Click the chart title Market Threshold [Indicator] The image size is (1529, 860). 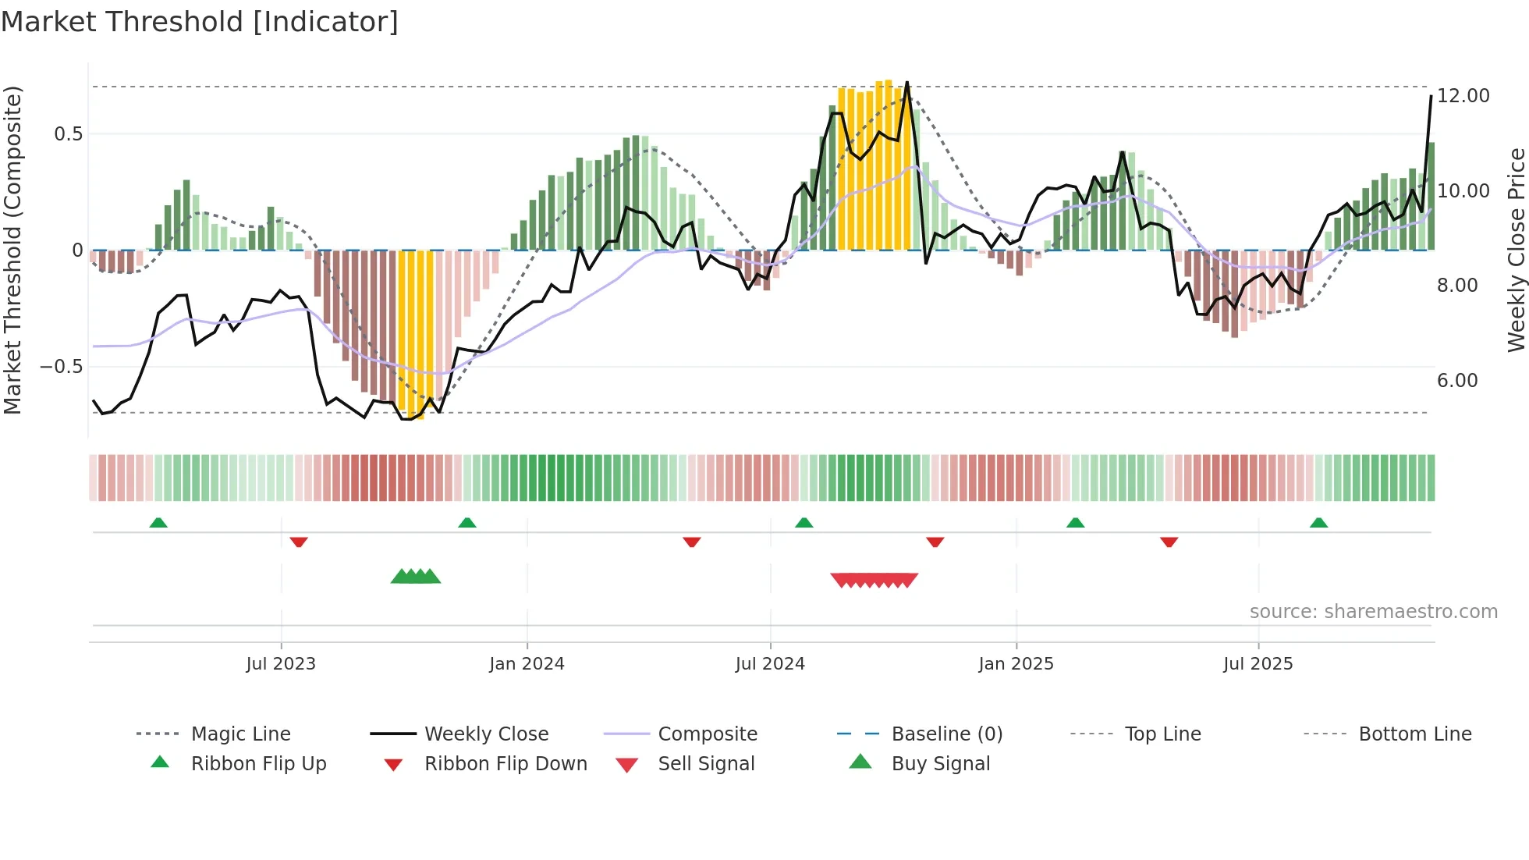(x=200, y=22)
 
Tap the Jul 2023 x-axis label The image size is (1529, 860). (x=281, y=664)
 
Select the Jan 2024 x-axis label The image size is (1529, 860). (x=527, y=664)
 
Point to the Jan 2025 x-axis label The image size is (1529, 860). (x=1016, y=664)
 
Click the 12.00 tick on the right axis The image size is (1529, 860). (x=1463, y=96)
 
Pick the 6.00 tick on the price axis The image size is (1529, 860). (x=1457, y=381)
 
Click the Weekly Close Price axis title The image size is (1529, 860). (x=1516, y=250)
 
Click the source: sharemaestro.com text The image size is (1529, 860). (x=1373, y=612)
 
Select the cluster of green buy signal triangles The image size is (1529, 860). (x=416, y=577)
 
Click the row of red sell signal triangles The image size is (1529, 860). (x=874, y=580)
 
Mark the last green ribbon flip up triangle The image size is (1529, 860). (x=1318, y=523)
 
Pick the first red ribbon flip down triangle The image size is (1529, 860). (x=299, y=542)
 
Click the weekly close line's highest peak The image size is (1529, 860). (x=906, y=83)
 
